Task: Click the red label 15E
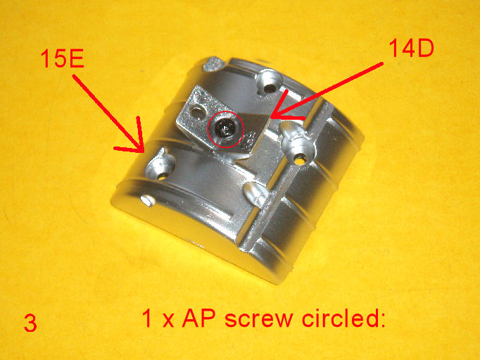62,58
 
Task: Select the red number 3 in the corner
30,323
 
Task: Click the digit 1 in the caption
147,318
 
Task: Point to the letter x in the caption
168,321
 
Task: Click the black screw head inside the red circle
225,129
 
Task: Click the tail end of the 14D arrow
382,63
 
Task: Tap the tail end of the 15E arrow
73,76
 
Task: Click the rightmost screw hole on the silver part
299,159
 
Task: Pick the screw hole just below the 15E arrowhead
163,175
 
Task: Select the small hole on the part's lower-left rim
148,200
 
